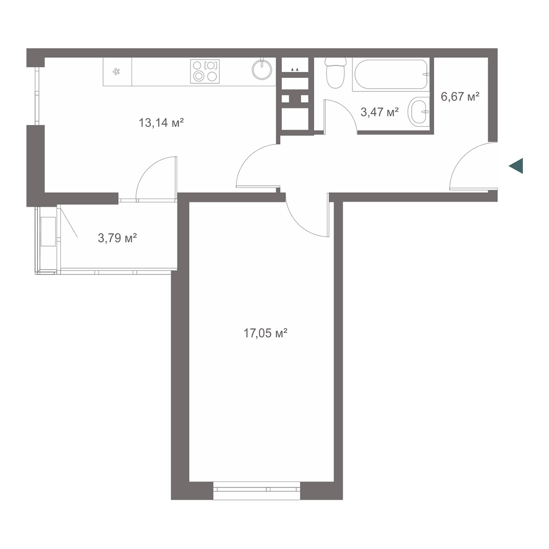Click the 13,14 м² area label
point(161,123)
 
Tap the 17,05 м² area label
point(265,333)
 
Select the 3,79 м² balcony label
point(118,237)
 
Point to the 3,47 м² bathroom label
point(379,112)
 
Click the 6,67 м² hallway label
point(460,97)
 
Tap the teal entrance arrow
point(516,166)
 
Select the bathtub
point(391,75)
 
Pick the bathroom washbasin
point(419,111)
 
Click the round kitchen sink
point(262,69)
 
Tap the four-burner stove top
point(205,71)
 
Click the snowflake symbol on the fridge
point(116,71)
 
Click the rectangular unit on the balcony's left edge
point(48,231)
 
